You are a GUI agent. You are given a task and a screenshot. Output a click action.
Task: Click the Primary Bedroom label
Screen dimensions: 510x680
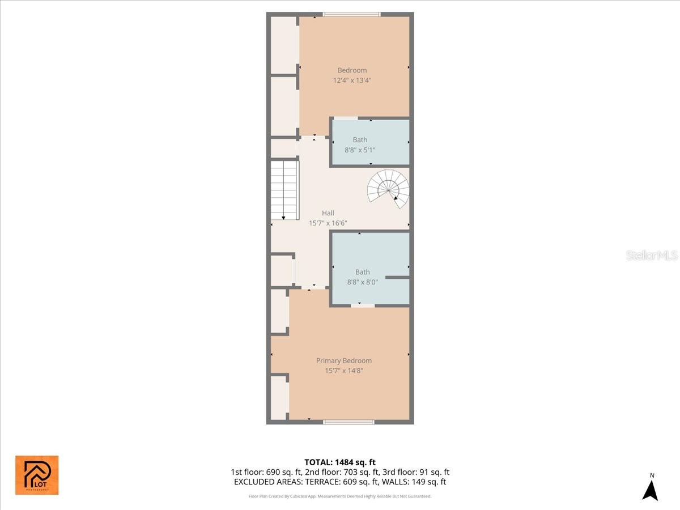(x=343, y=360)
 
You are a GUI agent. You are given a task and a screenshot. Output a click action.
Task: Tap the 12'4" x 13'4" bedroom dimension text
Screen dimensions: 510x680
(x=352, y=80)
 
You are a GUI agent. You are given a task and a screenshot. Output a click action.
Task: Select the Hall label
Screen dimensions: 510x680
(x=328, y=213)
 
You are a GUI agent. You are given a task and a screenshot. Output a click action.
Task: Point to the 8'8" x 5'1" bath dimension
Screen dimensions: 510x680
(x=360, y=150)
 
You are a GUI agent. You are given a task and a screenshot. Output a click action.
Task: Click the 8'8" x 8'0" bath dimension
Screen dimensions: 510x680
(x=362, y=282)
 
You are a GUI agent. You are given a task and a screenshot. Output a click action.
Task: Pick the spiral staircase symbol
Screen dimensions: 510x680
(x=389, y=188)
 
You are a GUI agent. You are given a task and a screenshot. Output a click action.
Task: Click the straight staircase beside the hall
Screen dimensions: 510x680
(x=284, y=190)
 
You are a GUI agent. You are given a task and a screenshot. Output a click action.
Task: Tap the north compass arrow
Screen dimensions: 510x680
(x=651, y=490)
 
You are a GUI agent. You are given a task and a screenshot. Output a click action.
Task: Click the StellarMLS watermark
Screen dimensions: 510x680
(x=652, y=256)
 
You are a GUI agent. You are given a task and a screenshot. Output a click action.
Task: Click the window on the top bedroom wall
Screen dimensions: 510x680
(x=351, y=14)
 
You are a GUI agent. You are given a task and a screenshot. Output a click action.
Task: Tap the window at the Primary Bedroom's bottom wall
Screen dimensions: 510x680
(x=348, y=422)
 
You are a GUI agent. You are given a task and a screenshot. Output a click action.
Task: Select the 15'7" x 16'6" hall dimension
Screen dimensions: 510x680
(x=328, y=223)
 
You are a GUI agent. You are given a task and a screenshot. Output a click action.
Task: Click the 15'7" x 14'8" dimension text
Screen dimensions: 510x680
(x=343, y=371)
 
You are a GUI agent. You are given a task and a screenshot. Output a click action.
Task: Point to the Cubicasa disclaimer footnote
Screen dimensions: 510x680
(x=340, y=496)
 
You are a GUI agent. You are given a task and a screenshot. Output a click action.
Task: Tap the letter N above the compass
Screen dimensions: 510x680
(x=652, y=475)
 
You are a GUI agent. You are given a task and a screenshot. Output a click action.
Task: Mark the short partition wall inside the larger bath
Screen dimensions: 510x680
(x=397, y=277)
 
